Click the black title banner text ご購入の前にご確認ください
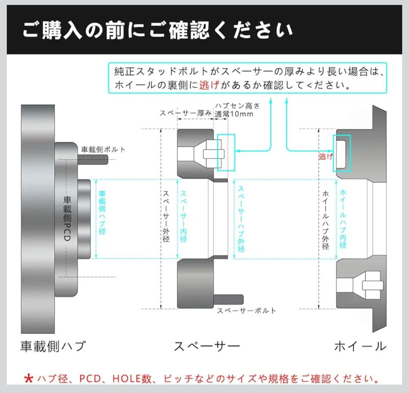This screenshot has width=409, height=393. [157, 30]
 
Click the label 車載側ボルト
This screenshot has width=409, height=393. [103, 150]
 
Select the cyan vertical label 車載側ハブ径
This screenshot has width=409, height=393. [102, 212]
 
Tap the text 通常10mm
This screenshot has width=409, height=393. [234, 114]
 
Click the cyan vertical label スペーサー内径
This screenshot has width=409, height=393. [184, 216]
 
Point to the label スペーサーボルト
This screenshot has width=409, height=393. [246, 311]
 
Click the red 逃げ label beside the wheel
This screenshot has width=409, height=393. [325, 156]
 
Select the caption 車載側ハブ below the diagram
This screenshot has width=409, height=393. [53, 346]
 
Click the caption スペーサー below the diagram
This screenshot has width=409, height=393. [207, 346]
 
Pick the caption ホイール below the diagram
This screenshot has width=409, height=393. [360, 346]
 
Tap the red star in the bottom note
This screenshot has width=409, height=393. [28, 378]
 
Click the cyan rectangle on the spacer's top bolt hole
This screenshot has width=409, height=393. [226, 152]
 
